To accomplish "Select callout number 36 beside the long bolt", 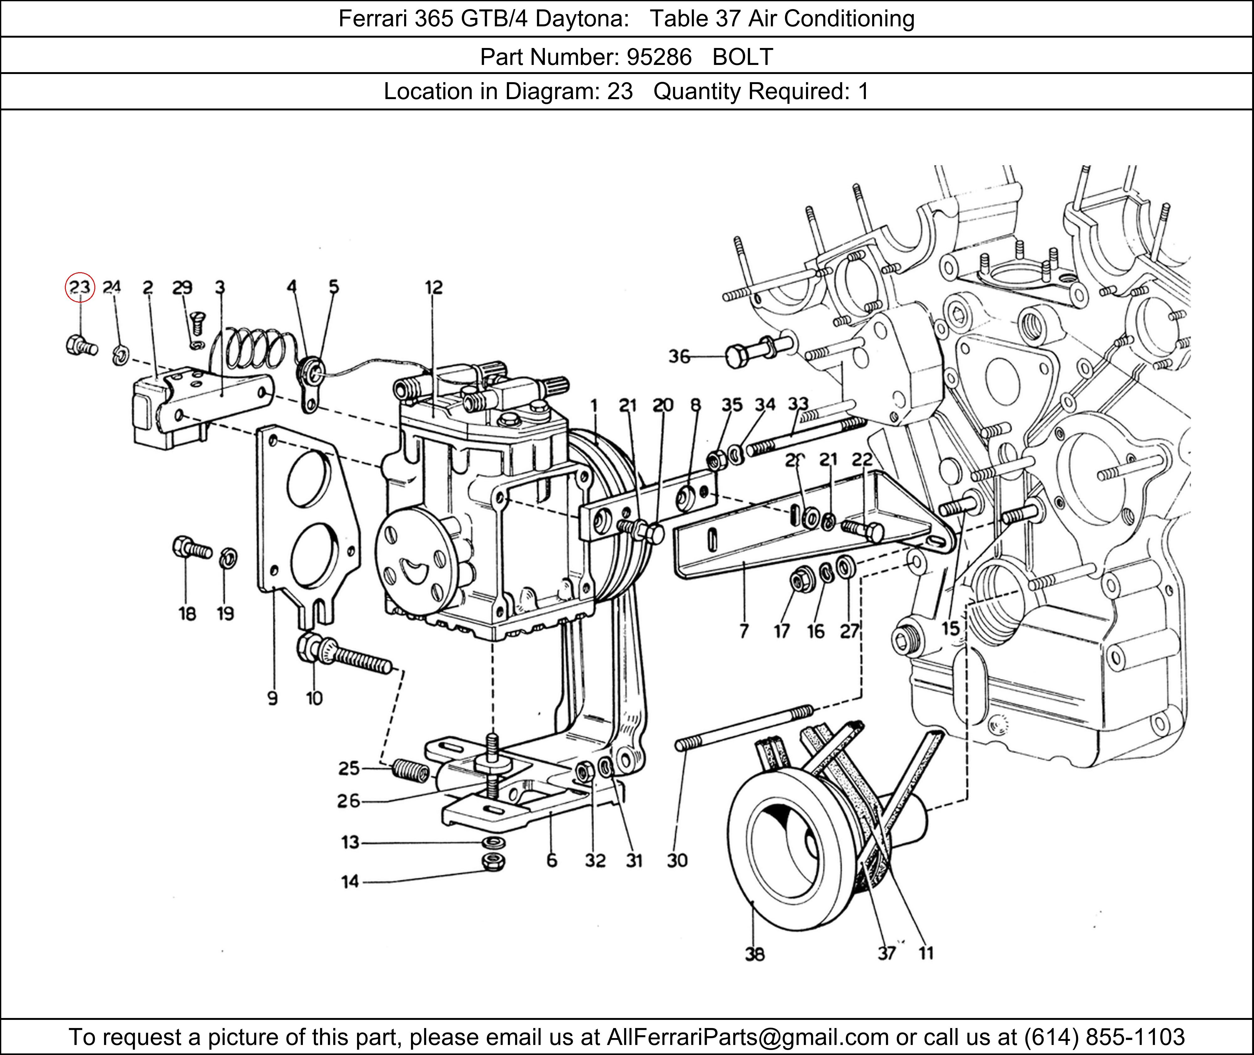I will click(x=679, y=357).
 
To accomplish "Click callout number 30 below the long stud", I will click(x=677, y=861).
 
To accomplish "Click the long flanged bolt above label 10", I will click(x=344, y=656).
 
